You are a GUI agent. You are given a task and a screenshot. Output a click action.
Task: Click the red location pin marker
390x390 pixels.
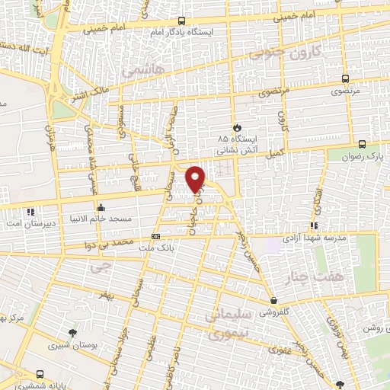pos(197,179)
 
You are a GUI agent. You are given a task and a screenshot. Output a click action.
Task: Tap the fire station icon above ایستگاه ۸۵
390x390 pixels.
pos(238,127)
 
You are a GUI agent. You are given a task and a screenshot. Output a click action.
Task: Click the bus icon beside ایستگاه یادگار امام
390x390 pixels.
pos(181,21)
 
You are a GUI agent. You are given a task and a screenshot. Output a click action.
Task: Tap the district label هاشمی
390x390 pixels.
pos(139,70)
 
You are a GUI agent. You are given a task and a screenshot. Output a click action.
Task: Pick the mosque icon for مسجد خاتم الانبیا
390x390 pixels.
pos(100,207)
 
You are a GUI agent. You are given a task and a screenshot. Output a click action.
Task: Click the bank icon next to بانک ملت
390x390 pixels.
pos(155,236)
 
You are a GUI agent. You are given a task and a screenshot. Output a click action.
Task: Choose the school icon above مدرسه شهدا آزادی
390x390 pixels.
pos(313,225)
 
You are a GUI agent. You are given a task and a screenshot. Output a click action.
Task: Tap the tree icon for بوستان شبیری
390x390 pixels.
pos(72,333)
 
